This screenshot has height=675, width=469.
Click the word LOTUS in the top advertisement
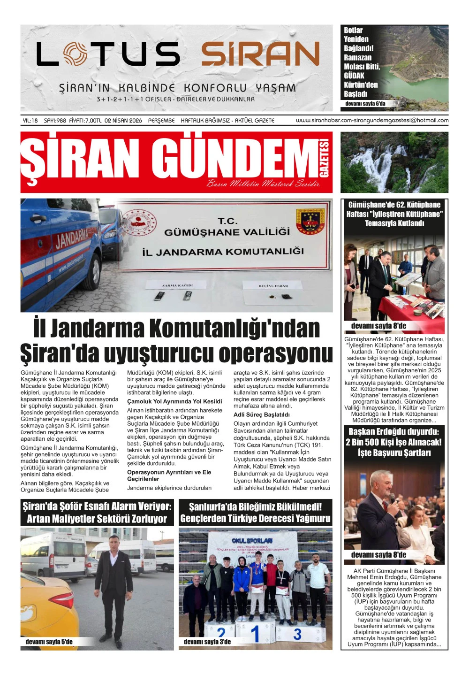click(x=108, y=54)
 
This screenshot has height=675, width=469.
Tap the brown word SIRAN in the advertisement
click(x=261, y=54)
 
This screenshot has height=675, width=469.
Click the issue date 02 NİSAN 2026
click(x=123, y=121)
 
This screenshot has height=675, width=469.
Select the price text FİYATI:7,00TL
click(x=85, y=121)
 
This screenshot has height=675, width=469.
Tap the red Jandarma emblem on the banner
click(x=310, y=221)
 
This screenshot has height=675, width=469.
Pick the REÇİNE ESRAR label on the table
click(x=273, y=285)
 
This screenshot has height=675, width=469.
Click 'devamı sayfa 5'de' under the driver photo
click(x=49, y=642)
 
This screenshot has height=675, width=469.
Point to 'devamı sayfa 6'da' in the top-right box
click(x=365, y=104)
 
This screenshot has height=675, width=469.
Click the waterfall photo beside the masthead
click(x=394, y=162)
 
